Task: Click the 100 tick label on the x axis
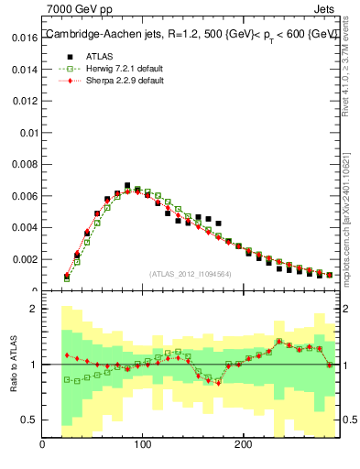point(142,445)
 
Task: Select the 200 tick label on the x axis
point(243,445)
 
